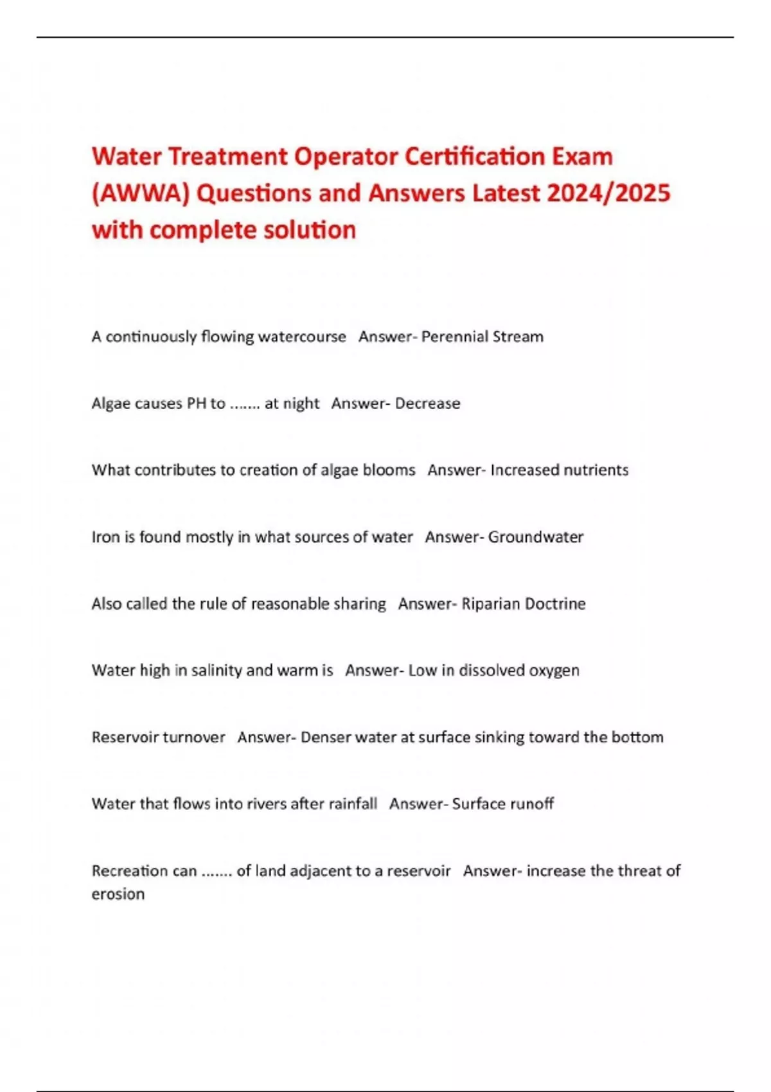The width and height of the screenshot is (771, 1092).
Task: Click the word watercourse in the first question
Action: pos(302,337)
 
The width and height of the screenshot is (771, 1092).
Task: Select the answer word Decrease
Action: pos(427,403)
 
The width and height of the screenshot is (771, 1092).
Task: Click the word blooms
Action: pos(389,470)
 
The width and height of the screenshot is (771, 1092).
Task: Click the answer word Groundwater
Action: pos(535,537)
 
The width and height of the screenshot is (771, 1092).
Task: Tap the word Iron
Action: pos(105,537)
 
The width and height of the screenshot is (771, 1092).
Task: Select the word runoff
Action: pos(532,804)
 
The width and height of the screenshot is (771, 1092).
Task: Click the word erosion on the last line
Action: pos(118,894)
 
